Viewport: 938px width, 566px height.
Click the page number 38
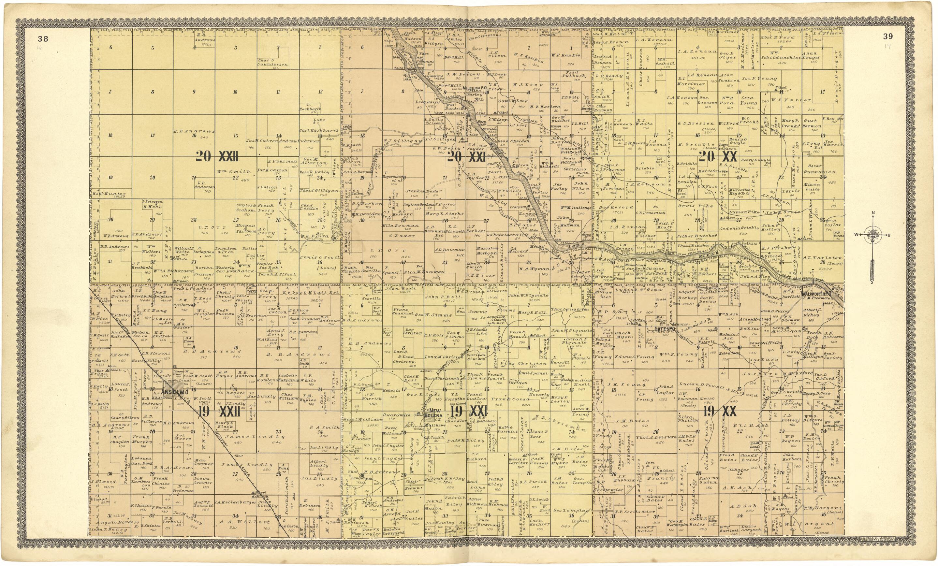43,38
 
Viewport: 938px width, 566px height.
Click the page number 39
888,36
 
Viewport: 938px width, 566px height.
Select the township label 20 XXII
217,156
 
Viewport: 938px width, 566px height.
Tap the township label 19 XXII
219,411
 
